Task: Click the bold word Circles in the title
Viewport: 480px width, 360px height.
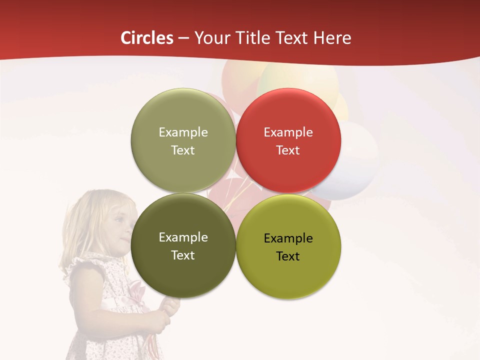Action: click(x=147, y=38)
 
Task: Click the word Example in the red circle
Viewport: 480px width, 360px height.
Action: click(x=288, y=132)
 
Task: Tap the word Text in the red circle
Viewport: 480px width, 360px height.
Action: click(x=288, y=150)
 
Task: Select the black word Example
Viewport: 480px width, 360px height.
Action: click(x=288, y=238)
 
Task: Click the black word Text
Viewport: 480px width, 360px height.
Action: click(x=288, y=256)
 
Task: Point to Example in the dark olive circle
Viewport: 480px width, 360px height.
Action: click(x=183, y=237)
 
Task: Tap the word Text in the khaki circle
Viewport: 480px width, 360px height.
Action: click(x=183, y=150)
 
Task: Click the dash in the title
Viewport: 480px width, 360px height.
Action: click(x=183, y=38)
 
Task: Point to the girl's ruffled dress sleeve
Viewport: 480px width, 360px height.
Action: click(x=82, y=265)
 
